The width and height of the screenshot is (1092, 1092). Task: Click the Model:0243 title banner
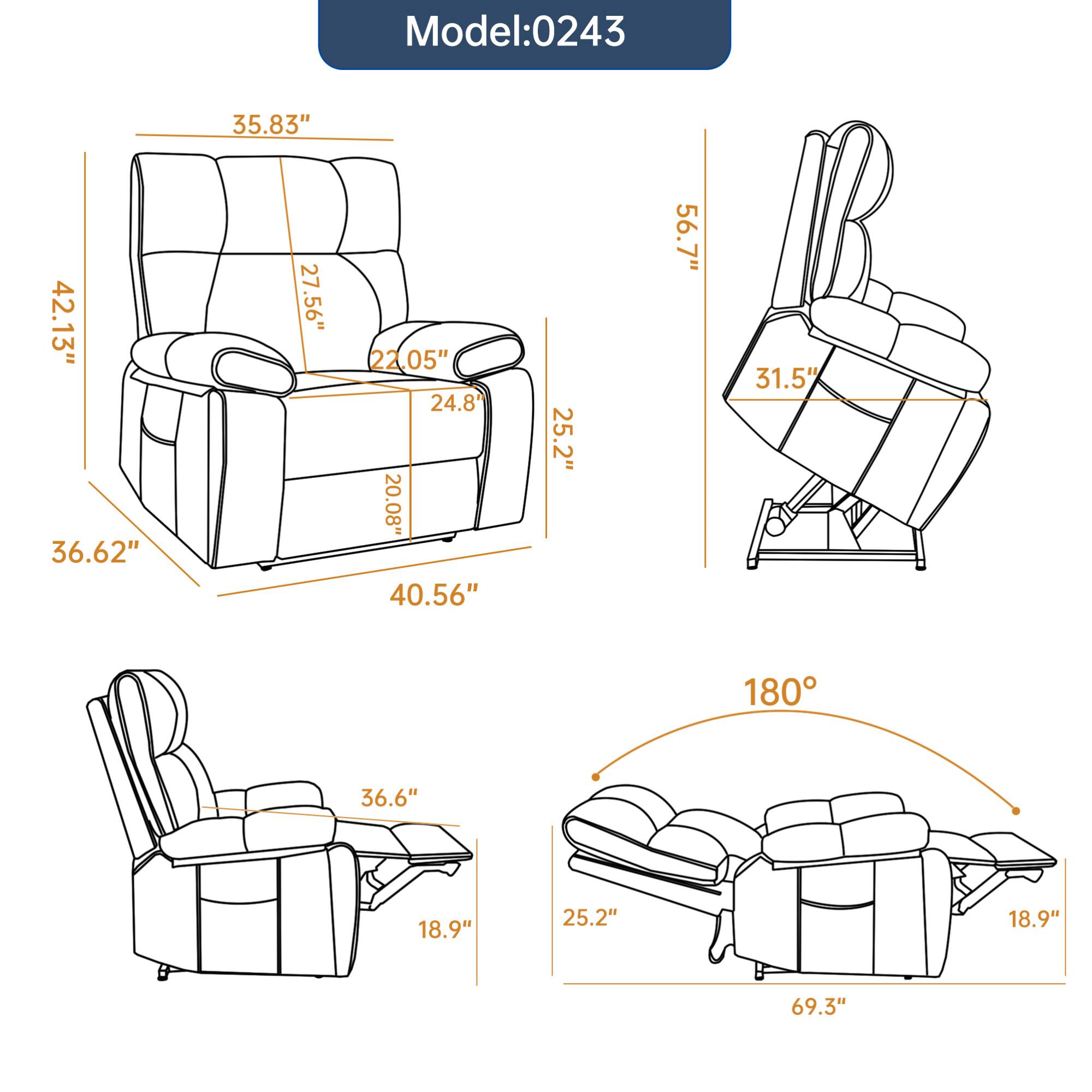pos(524,32)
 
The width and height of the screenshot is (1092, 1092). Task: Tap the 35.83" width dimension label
pos(272,125)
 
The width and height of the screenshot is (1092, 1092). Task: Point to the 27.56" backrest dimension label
pos(311,298)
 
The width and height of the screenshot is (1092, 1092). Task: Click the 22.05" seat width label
pos(409,360)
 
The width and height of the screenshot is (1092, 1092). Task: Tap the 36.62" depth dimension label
pos(95,552)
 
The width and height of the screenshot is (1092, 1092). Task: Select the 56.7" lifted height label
pos(688,238)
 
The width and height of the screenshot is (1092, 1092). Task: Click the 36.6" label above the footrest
pos(389,798)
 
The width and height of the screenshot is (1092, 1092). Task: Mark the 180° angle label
pos(781,692)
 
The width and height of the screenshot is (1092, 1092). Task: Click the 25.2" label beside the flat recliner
pos(590,917)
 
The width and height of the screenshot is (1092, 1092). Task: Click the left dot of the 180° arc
pos(595,777)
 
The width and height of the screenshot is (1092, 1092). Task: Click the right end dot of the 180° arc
pos(1016,810)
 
